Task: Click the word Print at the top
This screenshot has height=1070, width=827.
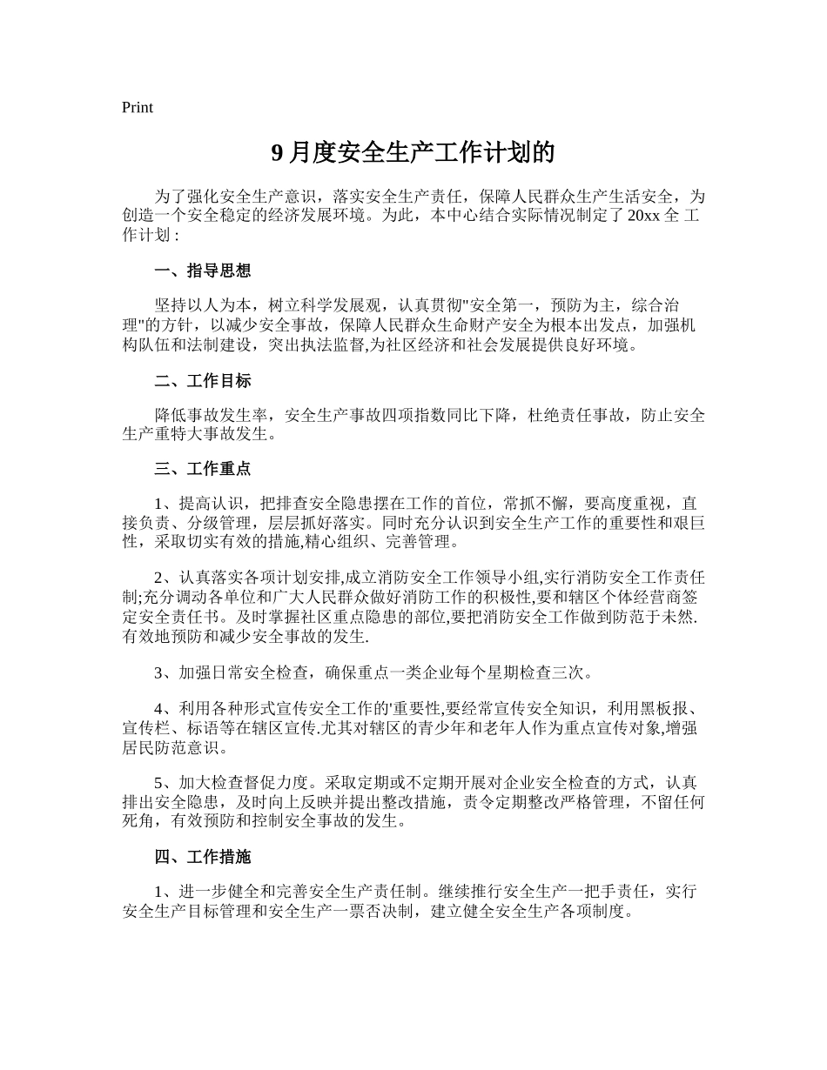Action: tap(138, 108)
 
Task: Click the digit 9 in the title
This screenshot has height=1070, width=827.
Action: tap(278, 154)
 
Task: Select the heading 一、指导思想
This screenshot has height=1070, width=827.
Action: tap(203, 271)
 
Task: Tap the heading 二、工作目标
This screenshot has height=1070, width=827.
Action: tap(203, 381)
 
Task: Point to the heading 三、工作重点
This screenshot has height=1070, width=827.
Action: tap(203, 469)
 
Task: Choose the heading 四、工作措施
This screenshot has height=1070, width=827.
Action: tap(203, 857)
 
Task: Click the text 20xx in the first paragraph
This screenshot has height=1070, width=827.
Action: tap(642, 217)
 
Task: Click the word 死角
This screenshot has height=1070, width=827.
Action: tap(138, 821)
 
